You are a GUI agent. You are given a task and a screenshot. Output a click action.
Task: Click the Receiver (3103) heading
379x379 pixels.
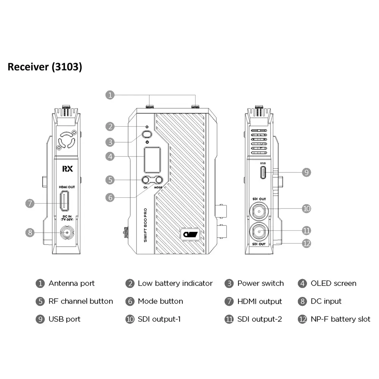pos(45,67)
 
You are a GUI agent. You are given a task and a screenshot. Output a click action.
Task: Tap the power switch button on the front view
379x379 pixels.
pos(147,134)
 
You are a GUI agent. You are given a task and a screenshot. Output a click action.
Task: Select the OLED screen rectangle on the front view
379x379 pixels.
pos(151,159)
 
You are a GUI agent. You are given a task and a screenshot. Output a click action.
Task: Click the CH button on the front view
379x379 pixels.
pos(146,180)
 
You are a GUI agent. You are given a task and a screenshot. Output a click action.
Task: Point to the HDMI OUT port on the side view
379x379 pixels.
pos(64,201)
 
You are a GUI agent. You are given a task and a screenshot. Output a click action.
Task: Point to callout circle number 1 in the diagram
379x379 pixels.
pos(110,95)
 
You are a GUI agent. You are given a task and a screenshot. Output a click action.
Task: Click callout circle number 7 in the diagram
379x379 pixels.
pos(30,203)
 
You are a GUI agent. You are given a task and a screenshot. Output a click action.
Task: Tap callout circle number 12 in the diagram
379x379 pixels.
pos(306,243)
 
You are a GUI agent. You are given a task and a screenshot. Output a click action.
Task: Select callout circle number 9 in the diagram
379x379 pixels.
pos(306,172)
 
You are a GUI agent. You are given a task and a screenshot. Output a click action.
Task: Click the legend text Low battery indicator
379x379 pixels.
pos(175,283)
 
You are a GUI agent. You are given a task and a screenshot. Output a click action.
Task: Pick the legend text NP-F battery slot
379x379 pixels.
pos(340,319)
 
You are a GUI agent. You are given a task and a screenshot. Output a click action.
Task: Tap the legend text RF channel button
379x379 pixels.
pos(81,301)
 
